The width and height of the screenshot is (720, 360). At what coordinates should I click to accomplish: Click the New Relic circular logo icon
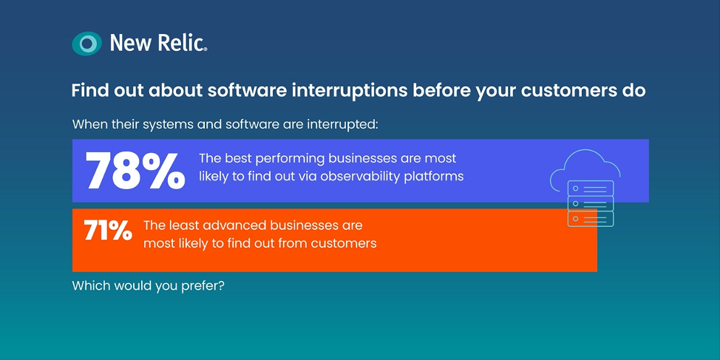tap(86, 44)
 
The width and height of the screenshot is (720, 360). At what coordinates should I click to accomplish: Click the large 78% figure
tap(135, 170)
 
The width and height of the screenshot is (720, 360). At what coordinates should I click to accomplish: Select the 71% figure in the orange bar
tap(108, 231)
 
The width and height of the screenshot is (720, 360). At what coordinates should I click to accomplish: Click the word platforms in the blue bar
tap(434, 177)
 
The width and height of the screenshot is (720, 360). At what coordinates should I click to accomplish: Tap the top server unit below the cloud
tap(591, 188)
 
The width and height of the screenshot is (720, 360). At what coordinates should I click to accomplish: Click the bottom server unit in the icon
tap(591, 218)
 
